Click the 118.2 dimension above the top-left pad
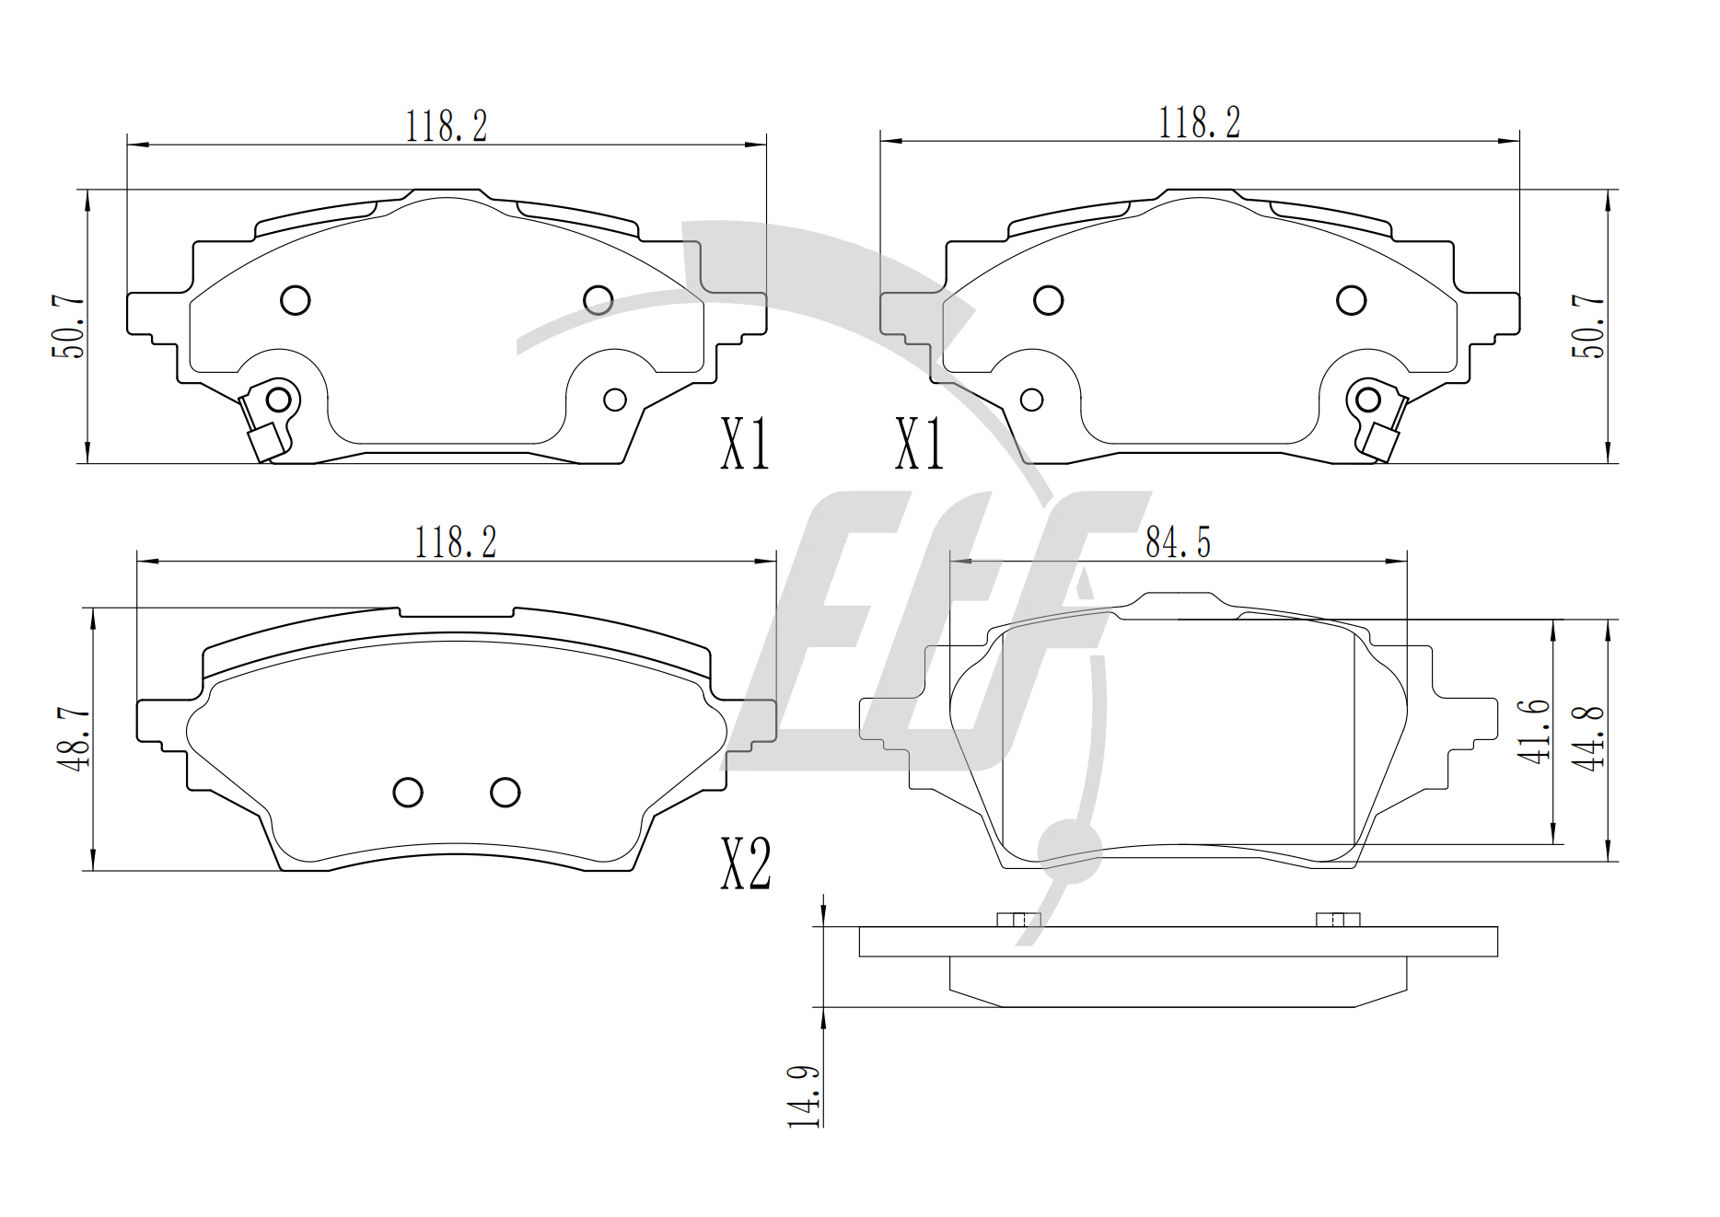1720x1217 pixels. tap(447, 126)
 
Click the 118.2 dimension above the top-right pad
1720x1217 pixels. tap(1199, 122)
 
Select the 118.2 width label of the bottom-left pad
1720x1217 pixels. tap(456, 542)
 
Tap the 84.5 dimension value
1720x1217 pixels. tap(1178, 542)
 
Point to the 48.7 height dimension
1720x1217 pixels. tap(73, 738)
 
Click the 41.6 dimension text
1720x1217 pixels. tap(1533, 731)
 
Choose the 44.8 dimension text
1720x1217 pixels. tap(1588, 737)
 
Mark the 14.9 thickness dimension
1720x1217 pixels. tap(803, 1096)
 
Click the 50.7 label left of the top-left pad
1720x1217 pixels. tap(68, 327)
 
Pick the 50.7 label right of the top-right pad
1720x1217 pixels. tap(1587, 326)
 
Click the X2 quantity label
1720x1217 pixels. tap(745, 863)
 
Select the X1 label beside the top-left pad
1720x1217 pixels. tap(744, 444)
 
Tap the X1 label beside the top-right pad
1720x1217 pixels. tap(919, 444)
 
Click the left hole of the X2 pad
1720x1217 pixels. tap(408, 792)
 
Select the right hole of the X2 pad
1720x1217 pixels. tap(506, 792)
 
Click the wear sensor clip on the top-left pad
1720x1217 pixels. tap(268, 420)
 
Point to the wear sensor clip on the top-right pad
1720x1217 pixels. tap(1377, 420)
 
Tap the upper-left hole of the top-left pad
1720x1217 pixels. tap(295, 300)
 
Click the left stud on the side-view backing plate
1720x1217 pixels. tap(1018, 920)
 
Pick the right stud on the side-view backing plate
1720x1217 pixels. tap(1338, 920)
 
